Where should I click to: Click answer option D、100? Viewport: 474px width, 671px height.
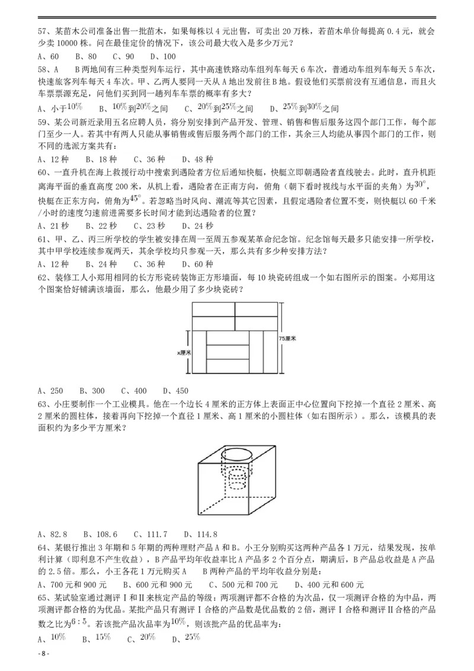(x=163, y=57)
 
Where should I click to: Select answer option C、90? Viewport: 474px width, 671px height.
(x=123, y=57)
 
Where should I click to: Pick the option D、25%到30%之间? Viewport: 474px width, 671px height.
(x=304, y=108)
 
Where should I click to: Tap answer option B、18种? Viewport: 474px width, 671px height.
(x=101, y=159)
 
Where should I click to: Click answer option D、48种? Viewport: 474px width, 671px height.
(x=197, y=159)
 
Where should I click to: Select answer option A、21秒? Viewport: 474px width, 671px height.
(x=53, y=226)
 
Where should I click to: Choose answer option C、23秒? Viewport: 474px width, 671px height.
(x=149, y=226)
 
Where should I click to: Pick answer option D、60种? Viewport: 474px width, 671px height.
(x=197, y=264)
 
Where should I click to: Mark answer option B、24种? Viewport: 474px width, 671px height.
(x=101, y=264)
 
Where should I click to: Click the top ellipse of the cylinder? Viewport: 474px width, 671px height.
(x=236, y=456)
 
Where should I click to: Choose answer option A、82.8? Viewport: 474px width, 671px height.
(x=53, y=535)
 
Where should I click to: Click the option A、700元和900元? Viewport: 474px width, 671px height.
(x=72, y=585)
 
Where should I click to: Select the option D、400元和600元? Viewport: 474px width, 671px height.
(x=329, y=585)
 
